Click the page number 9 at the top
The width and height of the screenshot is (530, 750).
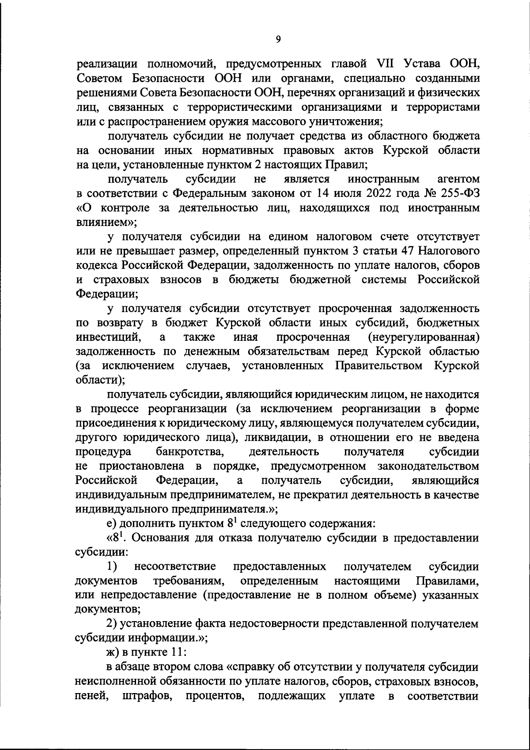pos(278,40)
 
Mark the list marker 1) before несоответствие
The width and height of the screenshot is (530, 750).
pos(112,566)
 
